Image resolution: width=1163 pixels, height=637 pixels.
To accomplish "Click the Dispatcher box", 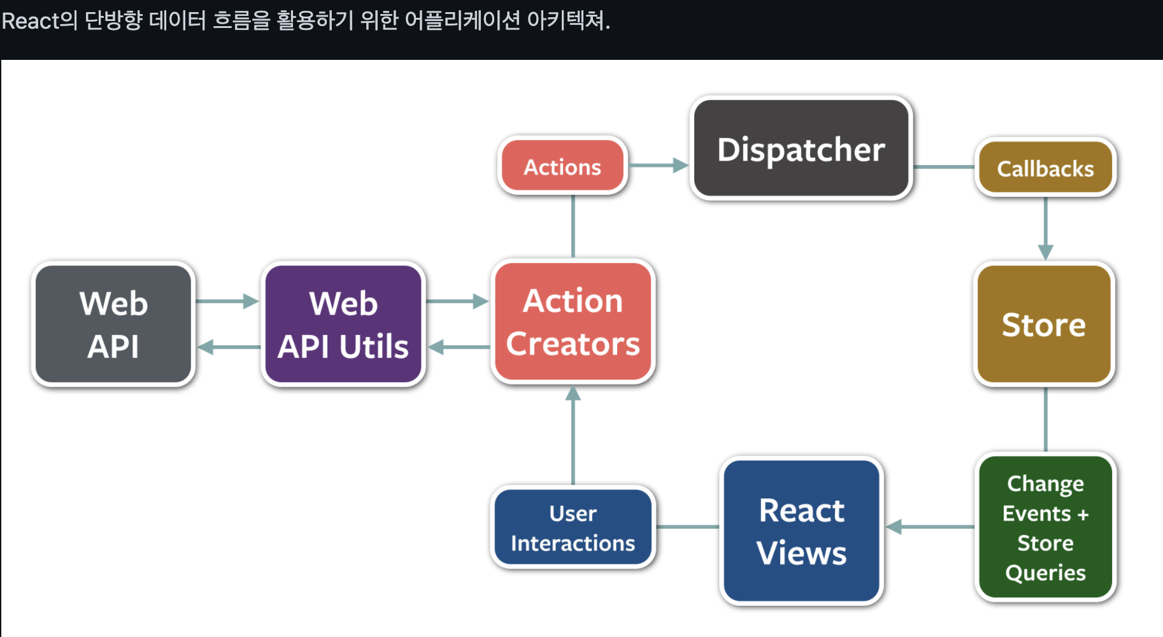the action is (801, 148).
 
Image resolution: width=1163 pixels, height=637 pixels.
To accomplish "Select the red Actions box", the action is (562, 166).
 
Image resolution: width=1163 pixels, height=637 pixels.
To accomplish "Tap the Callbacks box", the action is (1045, 168).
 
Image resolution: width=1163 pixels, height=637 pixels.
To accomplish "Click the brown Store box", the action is (1044, 324).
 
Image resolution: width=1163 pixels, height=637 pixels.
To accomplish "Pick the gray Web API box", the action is (113, 324).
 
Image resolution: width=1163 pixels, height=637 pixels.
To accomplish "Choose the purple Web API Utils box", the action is (343, 324).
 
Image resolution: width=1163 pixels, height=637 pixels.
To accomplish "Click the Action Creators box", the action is (573, 322).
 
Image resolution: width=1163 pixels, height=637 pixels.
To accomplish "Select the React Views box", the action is (801, 531).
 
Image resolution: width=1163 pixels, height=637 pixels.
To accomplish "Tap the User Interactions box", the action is (573, 527).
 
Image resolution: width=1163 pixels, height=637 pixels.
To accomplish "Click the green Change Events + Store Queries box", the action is (1045, 527).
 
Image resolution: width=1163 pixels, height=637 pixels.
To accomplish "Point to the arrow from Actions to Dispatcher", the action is (659, 166).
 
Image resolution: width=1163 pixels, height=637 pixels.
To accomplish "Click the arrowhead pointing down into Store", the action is (1045, 252).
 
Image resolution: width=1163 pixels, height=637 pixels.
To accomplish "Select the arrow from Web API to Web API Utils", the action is (227, 301).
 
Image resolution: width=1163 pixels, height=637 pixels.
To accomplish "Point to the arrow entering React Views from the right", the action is (931, 527).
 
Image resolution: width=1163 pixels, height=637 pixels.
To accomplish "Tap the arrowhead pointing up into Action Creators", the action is (573, 394).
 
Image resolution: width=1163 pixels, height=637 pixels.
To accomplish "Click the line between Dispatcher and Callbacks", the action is (944, 167).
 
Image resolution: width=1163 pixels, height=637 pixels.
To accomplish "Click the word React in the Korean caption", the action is (31, 21).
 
